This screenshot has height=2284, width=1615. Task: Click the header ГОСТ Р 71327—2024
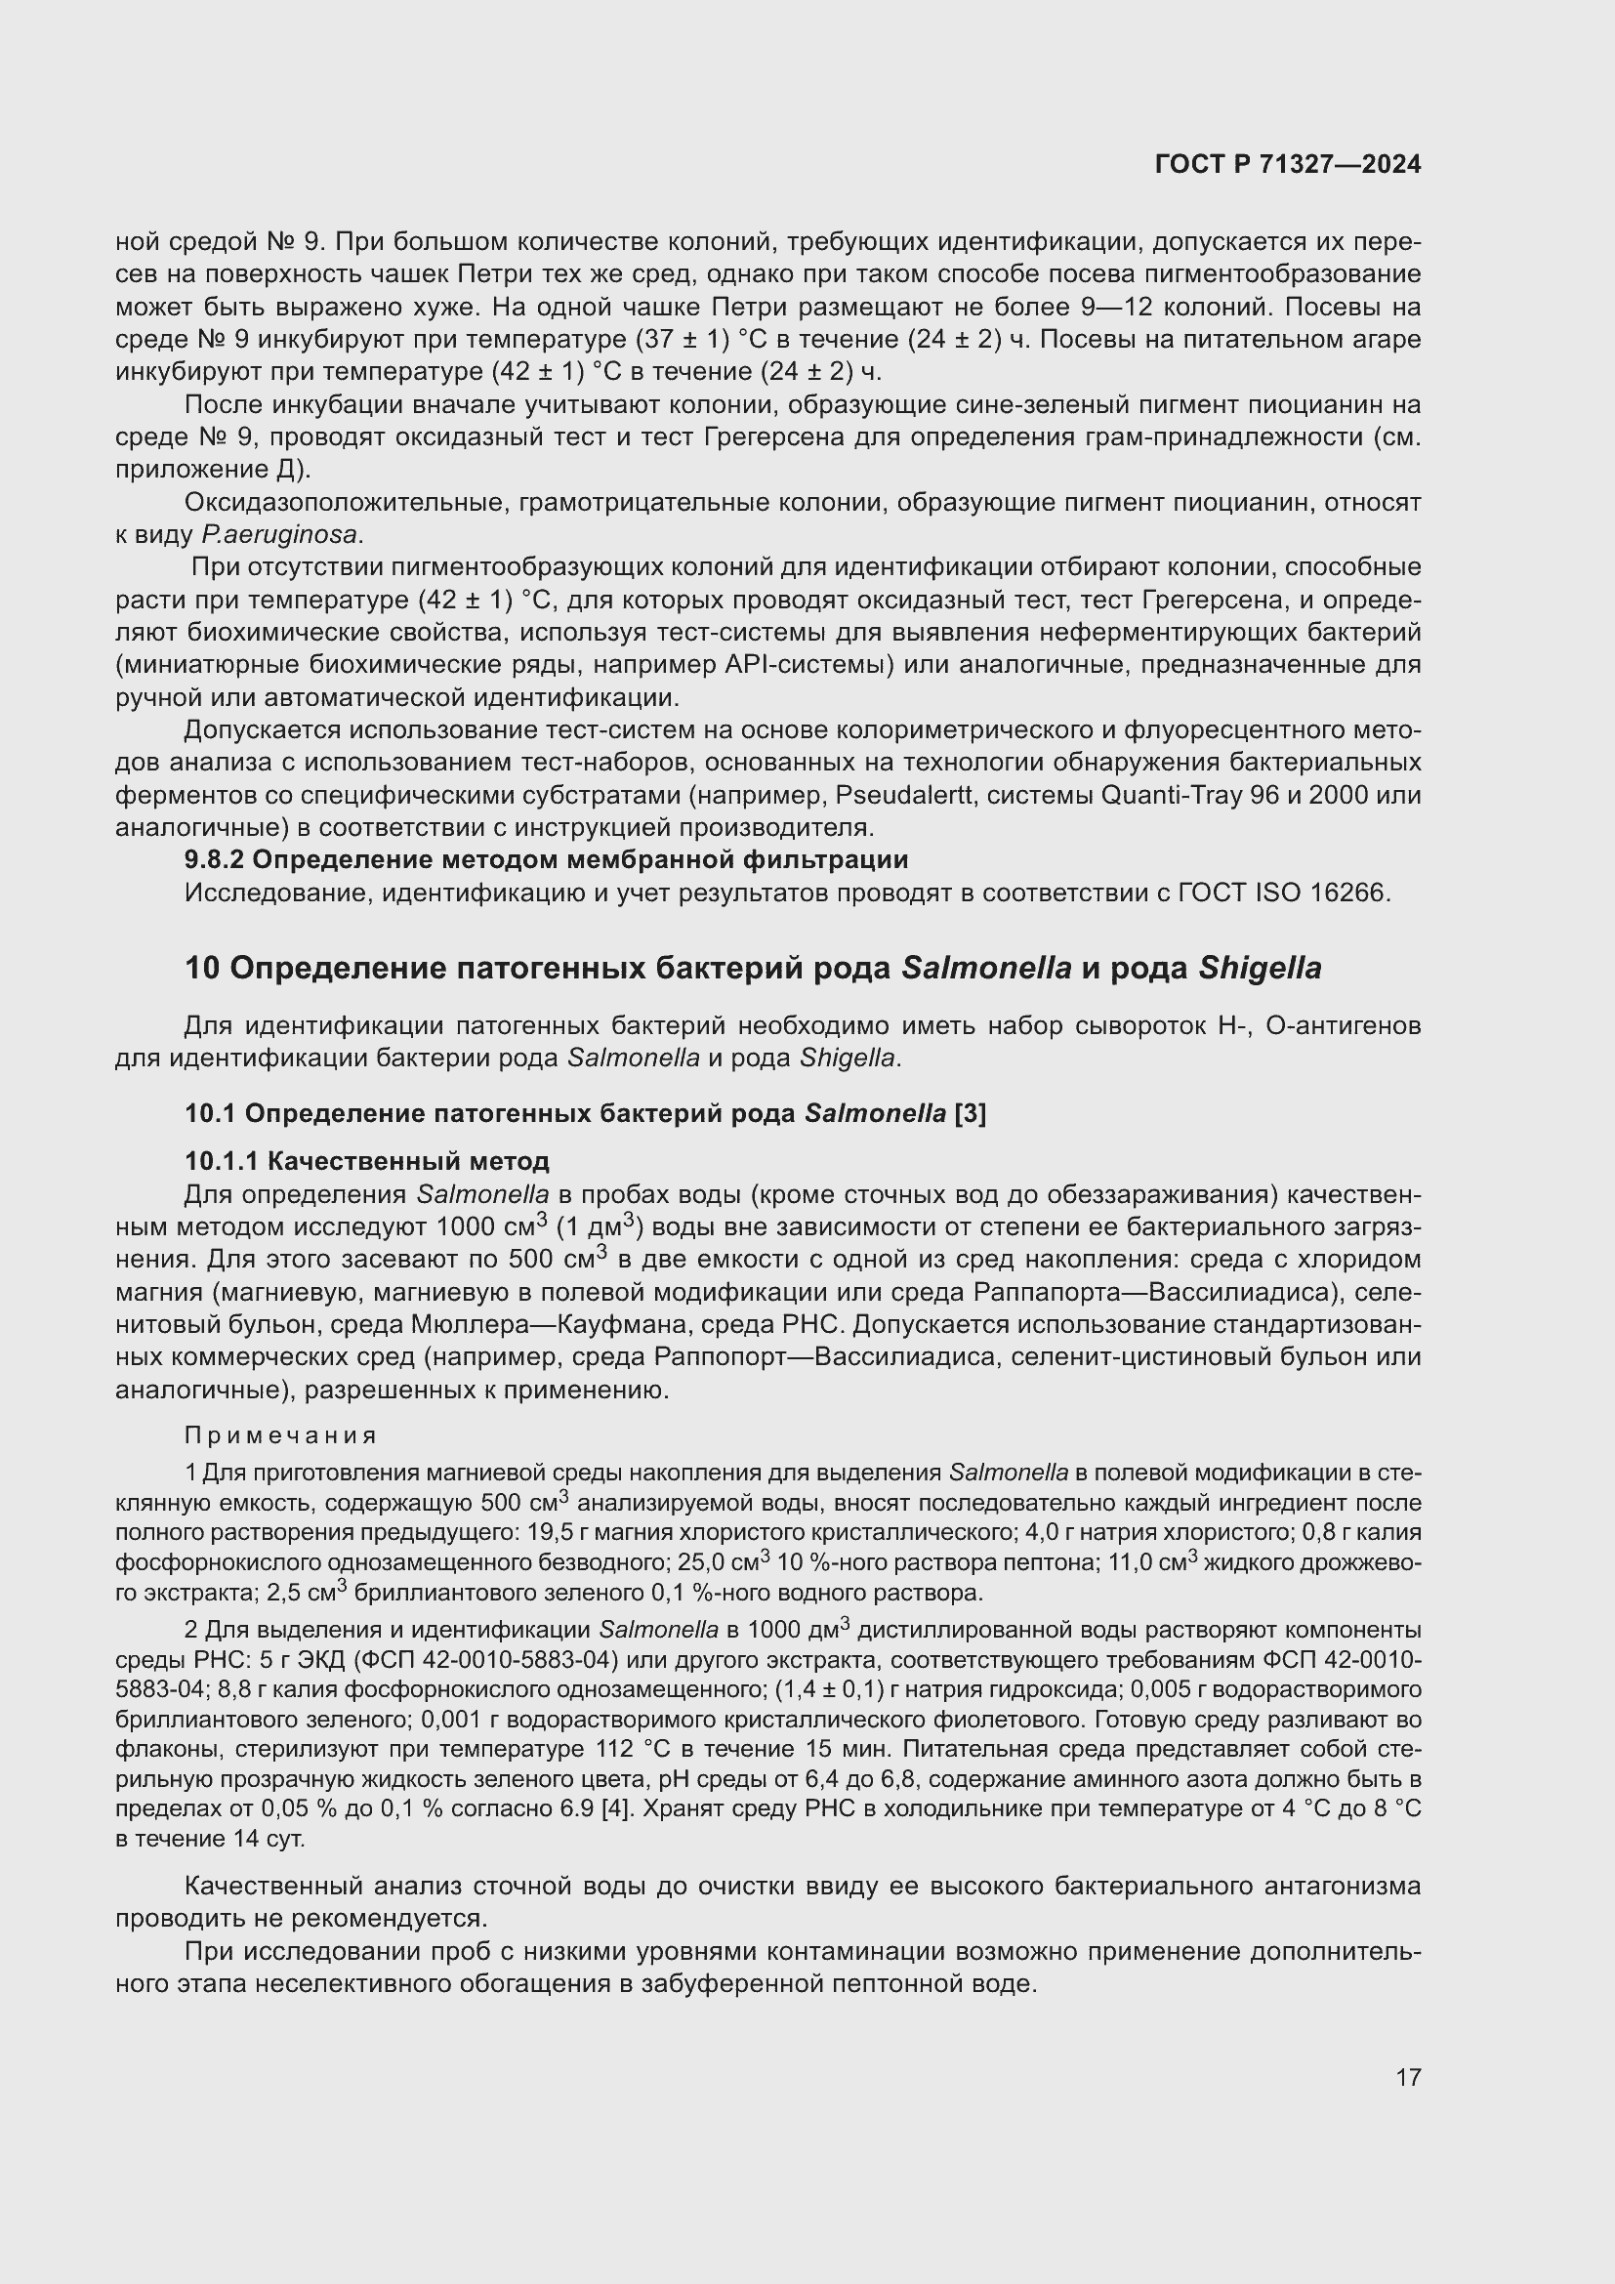[x=1288, y=165]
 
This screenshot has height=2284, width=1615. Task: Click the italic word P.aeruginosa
[x=279, y=535]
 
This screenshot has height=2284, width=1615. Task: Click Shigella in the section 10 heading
[x=1259, y=969]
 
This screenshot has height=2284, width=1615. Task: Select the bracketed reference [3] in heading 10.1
[x=970, y=1114]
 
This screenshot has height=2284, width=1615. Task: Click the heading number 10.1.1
[x=222, y=1161]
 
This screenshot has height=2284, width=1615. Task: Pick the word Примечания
[x=280, y=1435]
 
